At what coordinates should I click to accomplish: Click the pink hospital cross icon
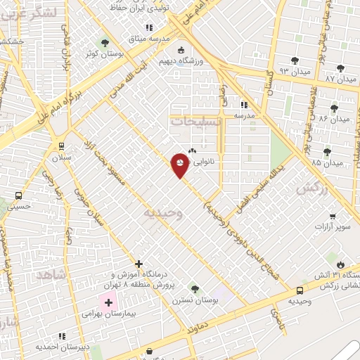pyautogui.click(x=108, y=302)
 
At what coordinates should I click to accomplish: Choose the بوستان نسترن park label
pyautogui.click(x=195, y=301)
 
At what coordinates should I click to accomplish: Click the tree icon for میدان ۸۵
pyautogui.click(x=327, y=152)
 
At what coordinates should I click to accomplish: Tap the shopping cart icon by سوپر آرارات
pyautogui.click(x=332, y=217)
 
